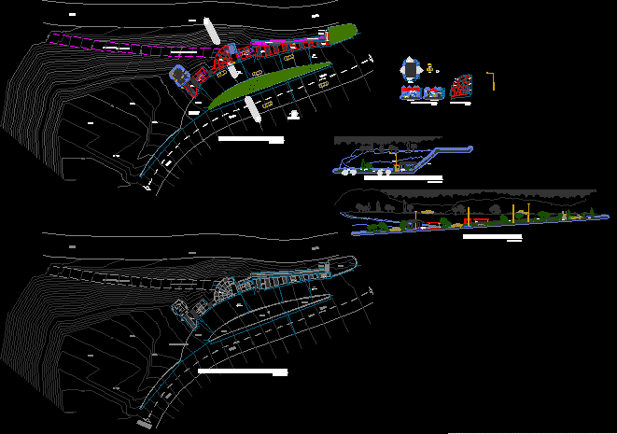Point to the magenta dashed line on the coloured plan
[112, 43]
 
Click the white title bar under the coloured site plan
[250, 139]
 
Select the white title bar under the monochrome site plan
[243, 371]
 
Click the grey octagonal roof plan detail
[410, 69]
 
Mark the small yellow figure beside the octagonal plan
[430, 68]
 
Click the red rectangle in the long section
[481, 220]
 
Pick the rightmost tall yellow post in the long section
[529, 212]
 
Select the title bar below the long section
[492, 237]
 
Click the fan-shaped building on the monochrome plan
[225, 289]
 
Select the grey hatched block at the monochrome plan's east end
[327, 269]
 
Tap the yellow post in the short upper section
[396, 160]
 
